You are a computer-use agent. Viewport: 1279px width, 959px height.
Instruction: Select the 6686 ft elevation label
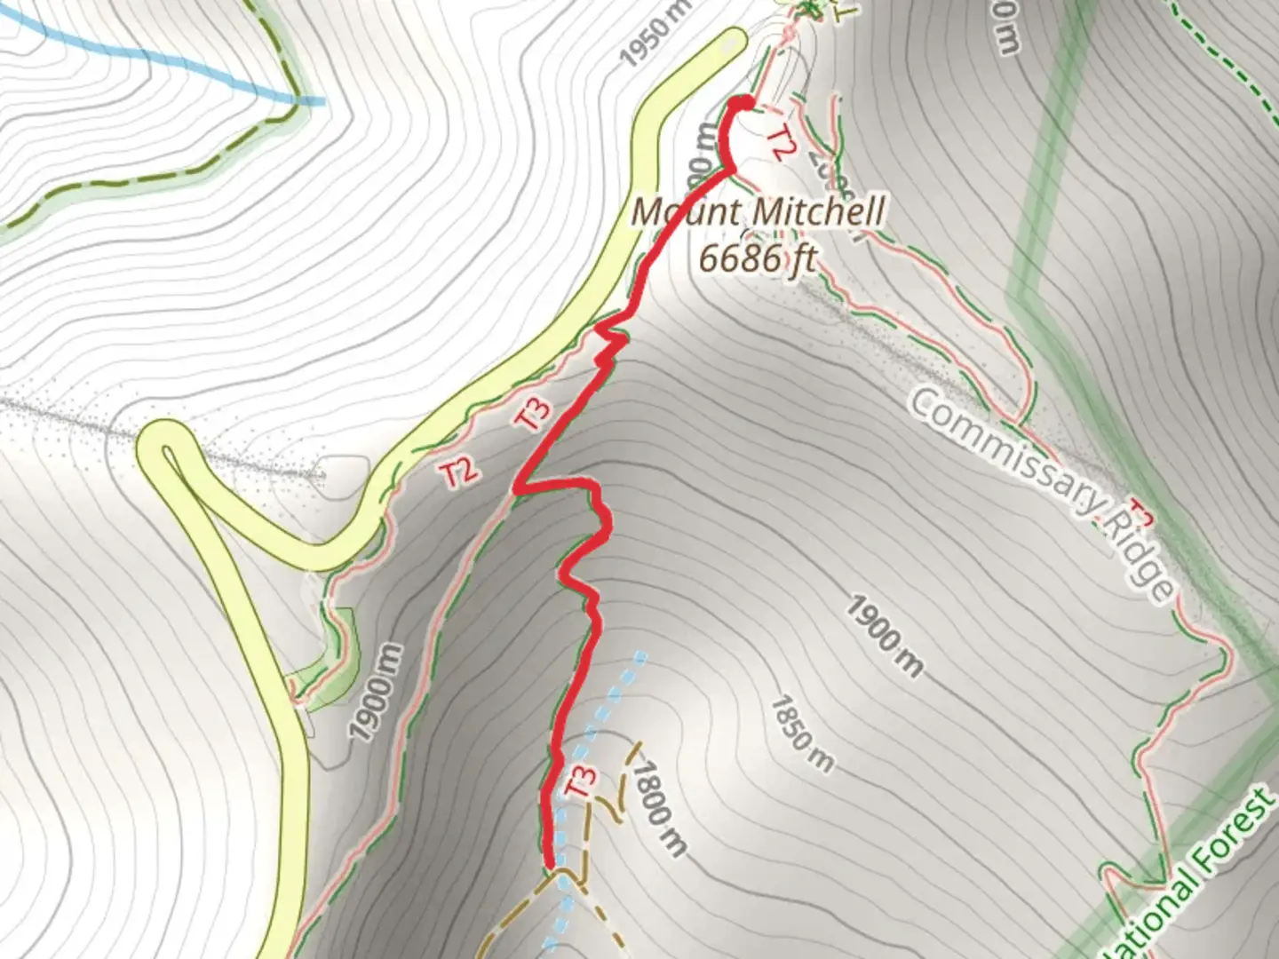click(x=757, y=258)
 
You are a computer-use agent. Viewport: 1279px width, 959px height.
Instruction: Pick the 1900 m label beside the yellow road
click(x=376, y=693)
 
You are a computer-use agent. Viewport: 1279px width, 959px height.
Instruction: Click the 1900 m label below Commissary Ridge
click(x=884, y=636)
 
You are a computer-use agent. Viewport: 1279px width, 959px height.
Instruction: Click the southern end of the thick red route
click(x=550, y=862)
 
